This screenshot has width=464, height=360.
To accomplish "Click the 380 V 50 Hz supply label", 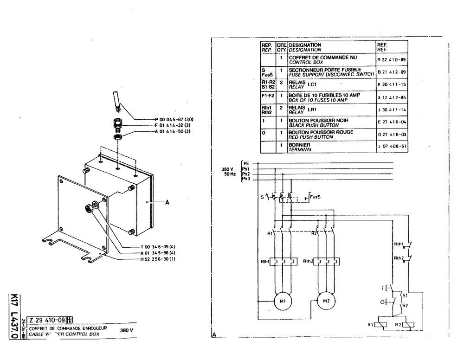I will [x=229, y=171].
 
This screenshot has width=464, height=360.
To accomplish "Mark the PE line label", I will [x=246, y=163].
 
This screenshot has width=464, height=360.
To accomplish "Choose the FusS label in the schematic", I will [x=316, y=196].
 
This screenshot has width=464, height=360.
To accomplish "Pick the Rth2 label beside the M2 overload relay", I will [x=308, y=261].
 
